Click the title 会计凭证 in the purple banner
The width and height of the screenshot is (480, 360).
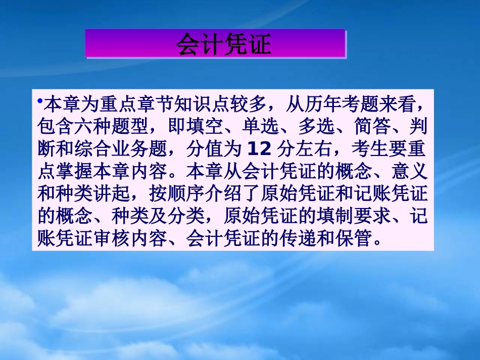pos(223,44)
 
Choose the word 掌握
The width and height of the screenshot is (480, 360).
pos(73,172)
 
